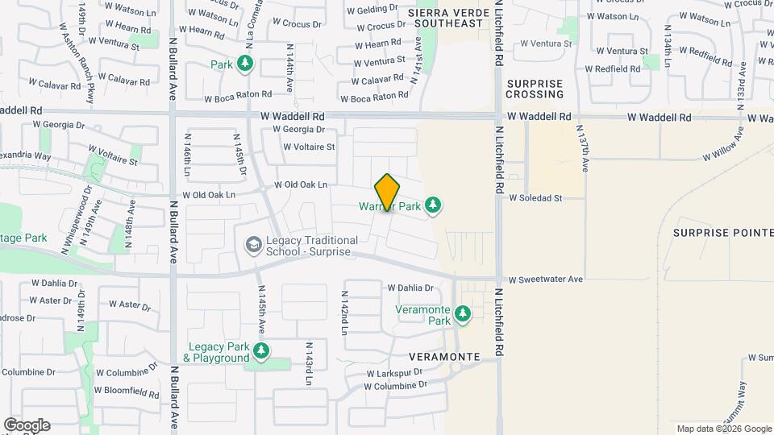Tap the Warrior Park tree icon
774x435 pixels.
434,205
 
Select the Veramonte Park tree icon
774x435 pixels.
463,313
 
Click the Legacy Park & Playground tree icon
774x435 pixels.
260,350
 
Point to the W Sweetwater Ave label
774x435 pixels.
545,280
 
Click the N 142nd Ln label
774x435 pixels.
344,313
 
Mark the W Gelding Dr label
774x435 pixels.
372,9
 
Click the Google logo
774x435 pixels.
27,425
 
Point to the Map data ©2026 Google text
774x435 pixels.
723,429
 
